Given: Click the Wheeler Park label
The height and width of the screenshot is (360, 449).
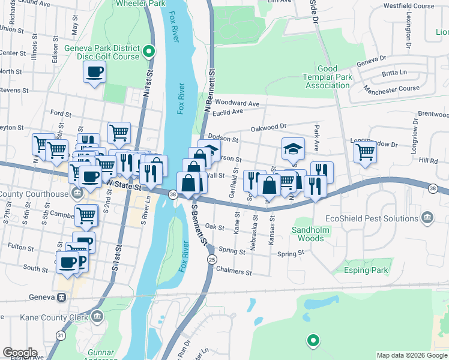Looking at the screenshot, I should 140,3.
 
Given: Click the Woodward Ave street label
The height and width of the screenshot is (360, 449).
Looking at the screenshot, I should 236,103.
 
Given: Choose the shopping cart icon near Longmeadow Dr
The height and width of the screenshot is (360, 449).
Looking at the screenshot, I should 364,152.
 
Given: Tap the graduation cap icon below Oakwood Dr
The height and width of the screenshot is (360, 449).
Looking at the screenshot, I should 293,148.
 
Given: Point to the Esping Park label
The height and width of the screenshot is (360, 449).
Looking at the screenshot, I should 366,271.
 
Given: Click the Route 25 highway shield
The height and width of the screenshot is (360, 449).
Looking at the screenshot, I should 211,259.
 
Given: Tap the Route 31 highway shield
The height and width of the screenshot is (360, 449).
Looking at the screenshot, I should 61,335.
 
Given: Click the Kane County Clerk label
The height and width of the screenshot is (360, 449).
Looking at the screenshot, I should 54,317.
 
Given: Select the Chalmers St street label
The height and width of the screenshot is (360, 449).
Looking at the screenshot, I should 234,272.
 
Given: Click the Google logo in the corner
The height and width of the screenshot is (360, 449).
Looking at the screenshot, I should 20,353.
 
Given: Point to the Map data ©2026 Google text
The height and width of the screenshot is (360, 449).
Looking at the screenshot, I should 412,355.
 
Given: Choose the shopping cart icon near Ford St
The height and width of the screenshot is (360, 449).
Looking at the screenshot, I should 119,131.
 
